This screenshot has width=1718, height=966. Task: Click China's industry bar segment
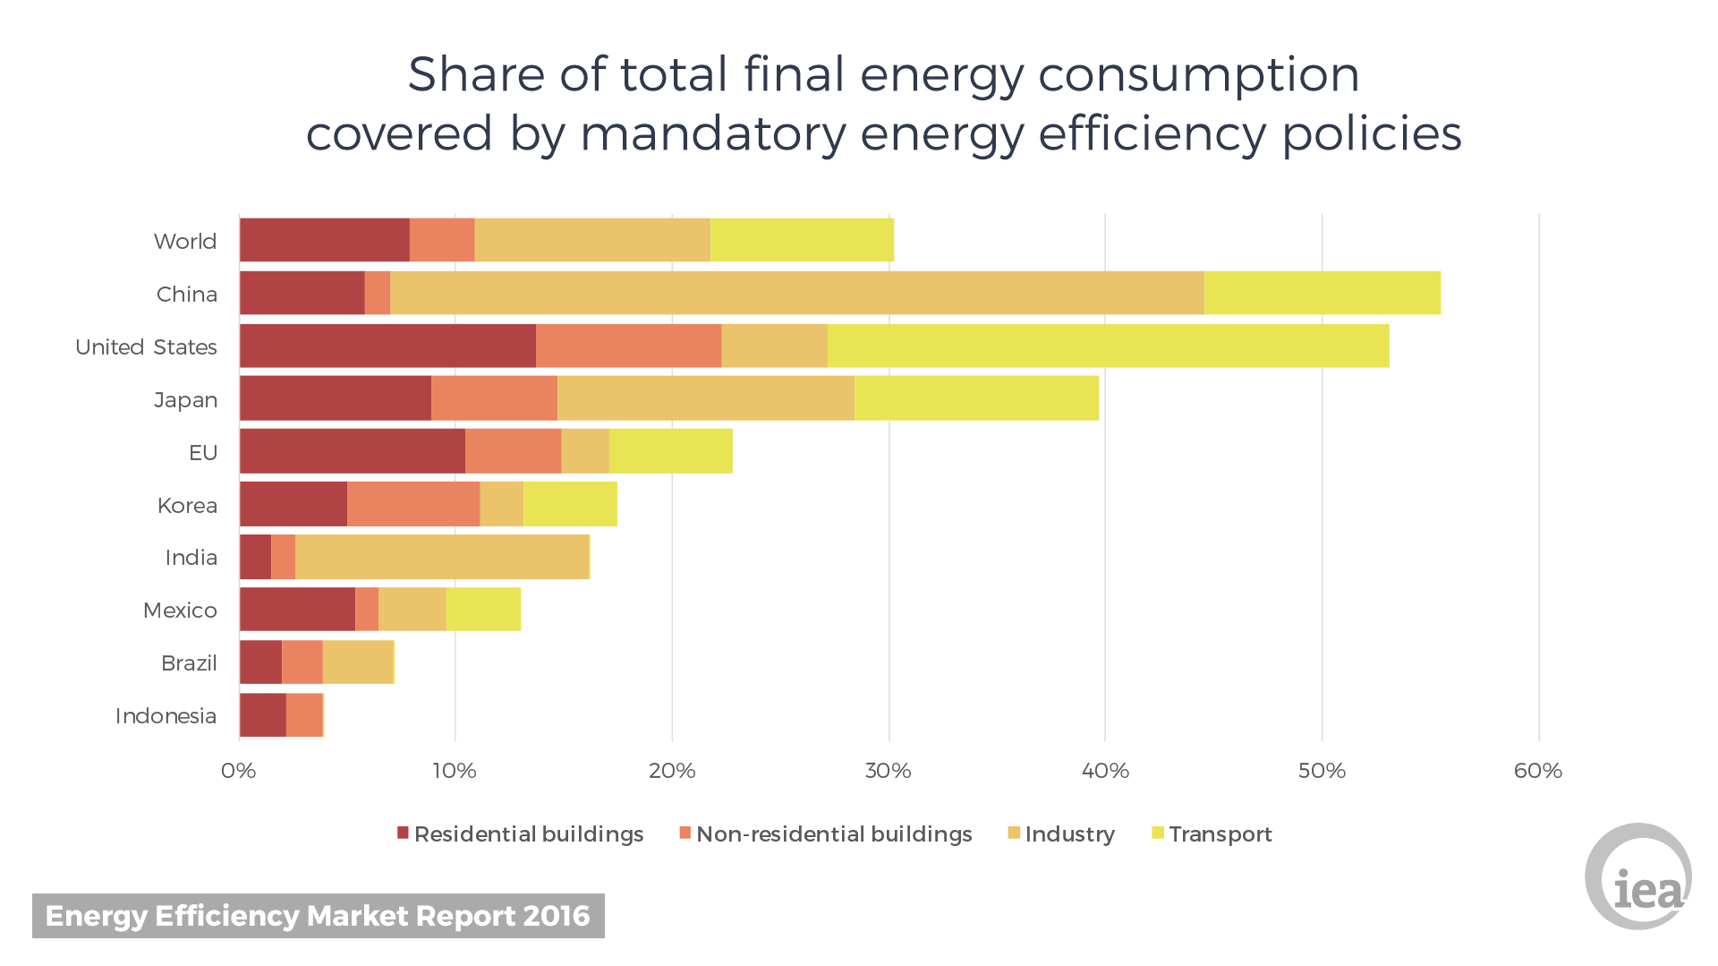coord(796,293)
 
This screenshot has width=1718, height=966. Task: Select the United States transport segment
coord(1108,346)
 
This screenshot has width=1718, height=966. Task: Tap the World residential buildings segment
coord(324,240)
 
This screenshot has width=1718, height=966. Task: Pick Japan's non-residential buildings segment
coord(494,398)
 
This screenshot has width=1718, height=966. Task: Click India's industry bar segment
coord(442,557)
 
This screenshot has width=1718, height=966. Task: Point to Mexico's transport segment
coord(483,610)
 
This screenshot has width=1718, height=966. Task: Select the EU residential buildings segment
coord(353,451)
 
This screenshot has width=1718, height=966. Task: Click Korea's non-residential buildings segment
coord(413,504)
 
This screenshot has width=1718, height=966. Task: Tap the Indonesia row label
coord(166,716)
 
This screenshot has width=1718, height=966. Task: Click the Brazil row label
coord(189,663)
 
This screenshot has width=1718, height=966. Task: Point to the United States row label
coord(146,347)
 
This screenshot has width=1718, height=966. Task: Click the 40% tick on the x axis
coord(1105,771)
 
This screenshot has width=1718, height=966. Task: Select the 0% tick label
coord(238,771)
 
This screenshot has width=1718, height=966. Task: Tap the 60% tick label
coord(1538,771)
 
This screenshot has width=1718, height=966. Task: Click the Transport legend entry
coord(1220,834)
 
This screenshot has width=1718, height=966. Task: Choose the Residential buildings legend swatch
coord(403,833)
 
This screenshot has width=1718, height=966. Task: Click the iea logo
coord(1638,877)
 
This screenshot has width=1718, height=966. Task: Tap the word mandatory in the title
coord(712,134)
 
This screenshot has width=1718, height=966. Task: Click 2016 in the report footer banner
coord(557,916)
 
